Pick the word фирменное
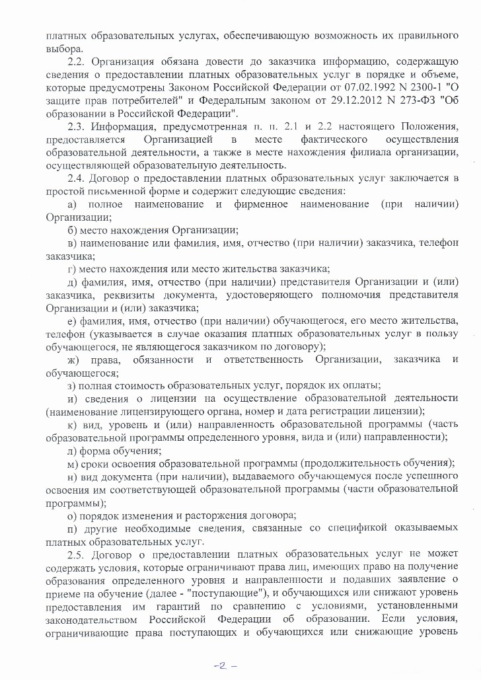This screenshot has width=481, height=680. click(260, 204)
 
